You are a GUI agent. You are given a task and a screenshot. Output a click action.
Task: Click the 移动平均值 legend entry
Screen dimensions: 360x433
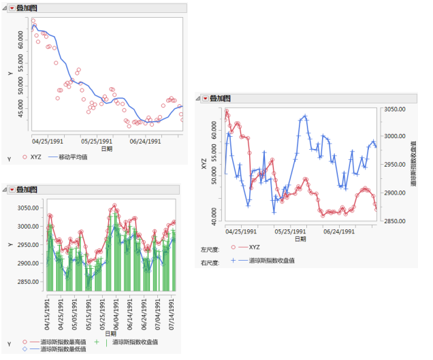[x=73, y=157]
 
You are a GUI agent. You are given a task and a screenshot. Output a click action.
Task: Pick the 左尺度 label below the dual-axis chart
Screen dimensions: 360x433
[x=210, y=248]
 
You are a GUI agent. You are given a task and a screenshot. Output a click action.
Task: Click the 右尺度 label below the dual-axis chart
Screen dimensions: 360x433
[x=210, y=261]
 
